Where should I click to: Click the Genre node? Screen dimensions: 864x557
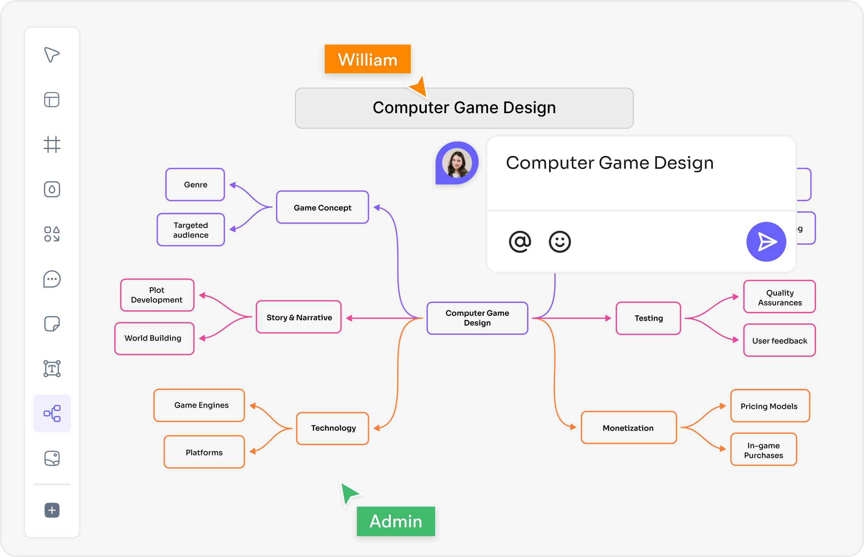pos(195,185)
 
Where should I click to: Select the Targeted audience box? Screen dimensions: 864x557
pos(191,230)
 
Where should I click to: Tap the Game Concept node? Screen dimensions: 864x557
pos(323,207)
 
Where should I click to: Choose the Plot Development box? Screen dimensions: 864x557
pos(157,295)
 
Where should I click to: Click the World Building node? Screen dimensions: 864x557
pos(154,338)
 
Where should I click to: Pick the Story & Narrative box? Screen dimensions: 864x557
pos(299,317)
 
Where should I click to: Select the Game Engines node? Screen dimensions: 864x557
pos(199,405)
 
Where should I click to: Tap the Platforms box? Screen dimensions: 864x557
pos(204,452)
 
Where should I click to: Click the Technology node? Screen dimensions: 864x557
pos(333,428)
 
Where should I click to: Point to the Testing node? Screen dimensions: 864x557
pos(648,318)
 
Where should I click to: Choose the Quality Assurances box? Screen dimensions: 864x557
pos(780,297)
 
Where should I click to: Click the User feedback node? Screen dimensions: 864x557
pos(780,340)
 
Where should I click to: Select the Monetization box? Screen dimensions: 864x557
pos(629,427)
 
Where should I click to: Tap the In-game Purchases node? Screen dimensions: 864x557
pos(764,449)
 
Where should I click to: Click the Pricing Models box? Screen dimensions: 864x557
pos(770,406)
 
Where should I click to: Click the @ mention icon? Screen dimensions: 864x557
pos(520,242)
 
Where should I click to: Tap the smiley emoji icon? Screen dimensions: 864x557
pos(560,242)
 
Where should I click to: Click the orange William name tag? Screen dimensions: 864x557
pos(368,59)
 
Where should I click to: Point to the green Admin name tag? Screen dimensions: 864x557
pos(396,521)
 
